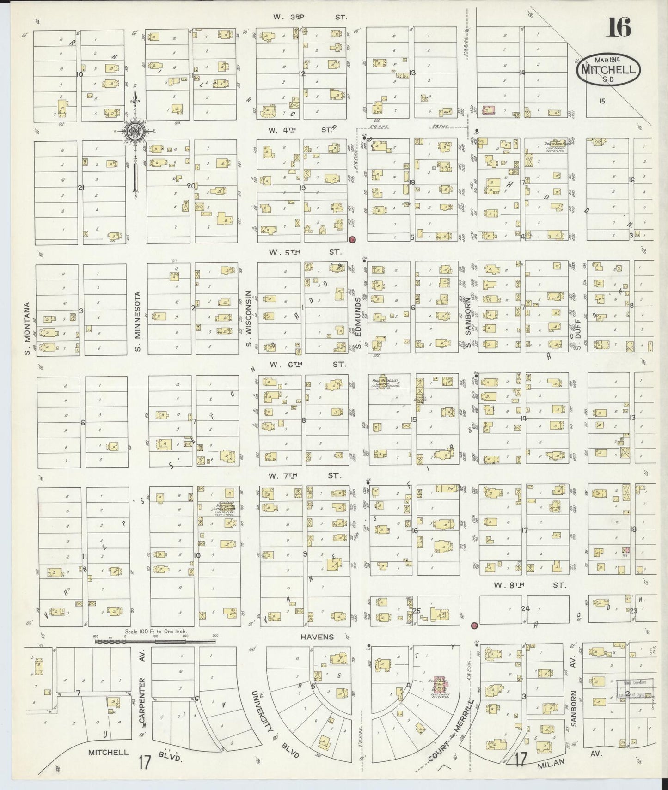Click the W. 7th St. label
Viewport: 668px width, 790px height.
tap(305, 475)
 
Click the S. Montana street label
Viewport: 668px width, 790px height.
tap(27, 329)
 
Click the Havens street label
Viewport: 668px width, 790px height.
tap(317, 637)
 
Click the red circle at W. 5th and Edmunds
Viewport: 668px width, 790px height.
tap(352, 239)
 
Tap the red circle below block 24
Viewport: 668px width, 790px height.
tap(474, 626)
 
